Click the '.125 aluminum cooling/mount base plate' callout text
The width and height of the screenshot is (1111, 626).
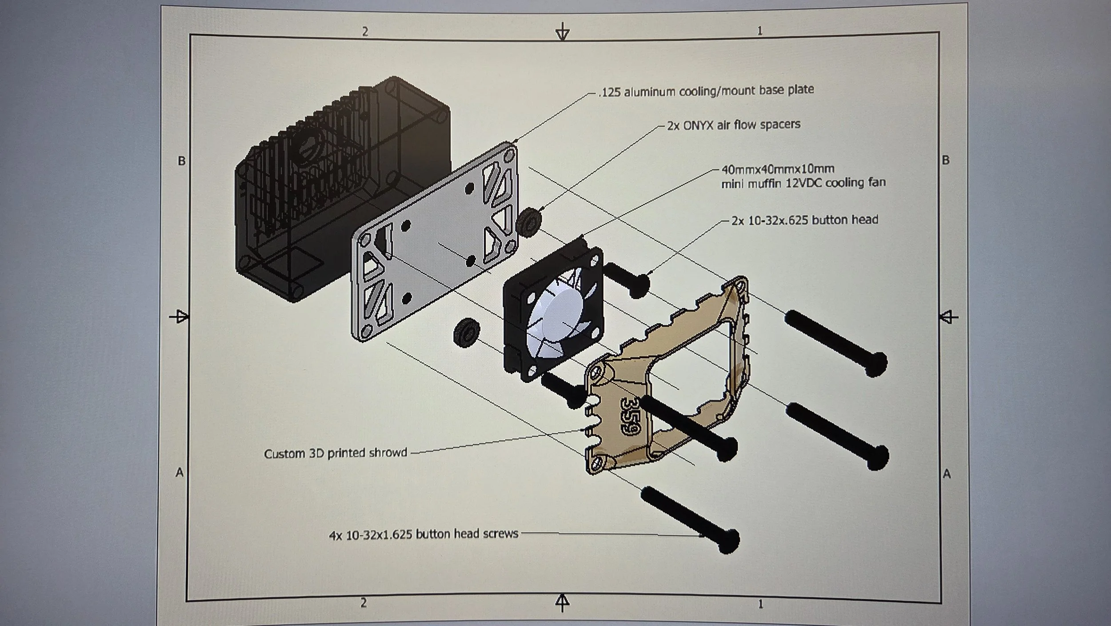(x=706, y=91)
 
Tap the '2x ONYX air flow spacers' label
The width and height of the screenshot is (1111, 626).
(x=733, y=125)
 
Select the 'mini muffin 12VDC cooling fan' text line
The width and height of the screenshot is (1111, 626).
(x=803, y=183)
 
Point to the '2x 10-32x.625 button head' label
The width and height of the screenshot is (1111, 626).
(x=804, y=220)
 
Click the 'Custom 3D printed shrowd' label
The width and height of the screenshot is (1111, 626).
(x=336, y=453)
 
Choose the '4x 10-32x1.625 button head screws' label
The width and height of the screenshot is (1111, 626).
(x=424, y=534)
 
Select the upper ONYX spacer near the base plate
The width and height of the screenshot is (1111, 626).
(x=529, y=222)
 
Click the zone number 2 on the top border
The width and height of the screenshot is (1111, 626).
(x=365, y=32)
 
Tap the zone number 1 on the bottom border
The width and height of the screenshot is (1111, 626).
(x=760, y=604)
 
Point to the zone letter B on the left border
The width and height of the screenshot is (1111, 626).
(x=181, y=161)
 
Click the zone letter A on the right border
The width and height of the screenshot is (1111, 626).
(x=947, y=474)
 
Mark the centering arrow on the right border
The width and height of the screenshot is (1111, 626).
(x=948, y=317)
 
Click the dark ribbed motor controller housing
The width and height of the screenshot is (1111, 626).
(x=338, y=187)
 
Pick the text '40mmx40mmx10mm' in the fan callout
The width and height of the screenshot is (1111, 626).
(x=778, y=169)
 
